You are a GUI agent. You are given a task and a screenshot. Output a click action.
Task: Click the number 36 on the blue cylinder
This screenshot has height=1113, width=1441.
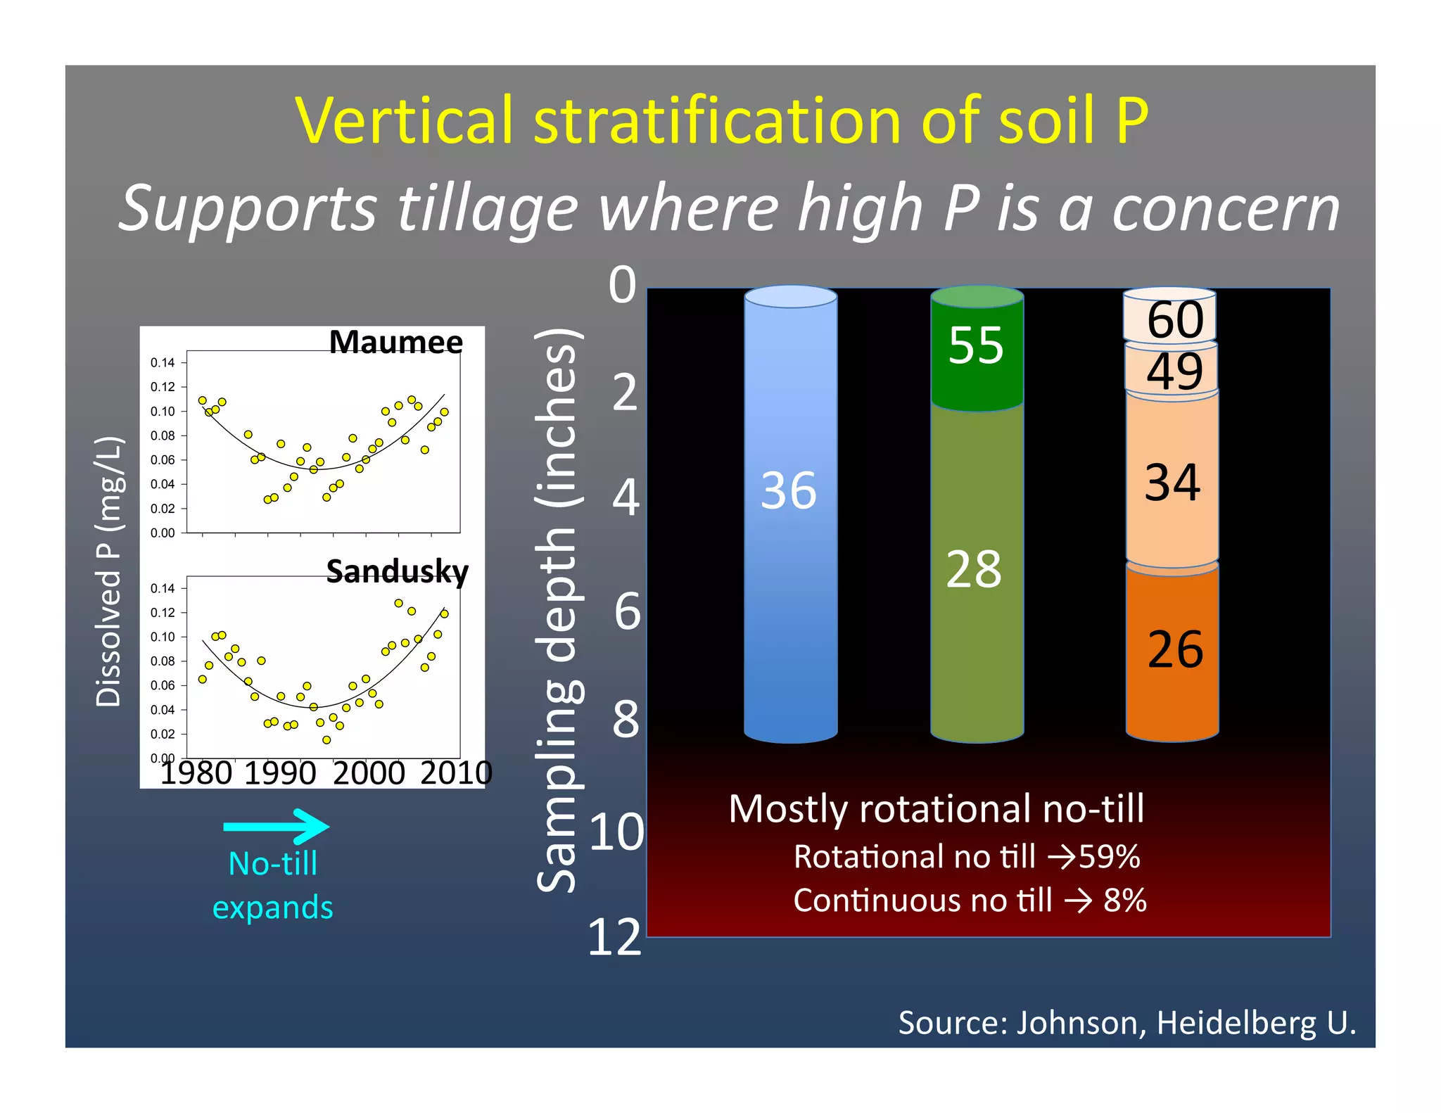click(x=789, y=490)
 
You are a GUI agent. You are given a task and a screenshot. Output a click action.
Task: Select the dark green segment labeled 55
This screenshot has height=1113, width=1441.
click(x=976, y=345)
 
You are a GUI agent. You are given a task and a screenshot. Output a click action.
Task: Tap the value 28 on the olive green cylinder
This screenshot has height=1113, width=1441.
click(x=974, y=569)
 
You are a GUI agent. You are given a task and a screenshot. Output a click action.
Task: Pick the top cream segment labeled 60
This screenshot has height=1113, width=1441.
click(x=1175, y=319)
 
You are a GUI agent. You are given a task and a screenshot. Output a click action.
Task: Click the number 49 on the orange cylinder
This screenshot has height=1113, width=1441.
click(x=1174, y=371)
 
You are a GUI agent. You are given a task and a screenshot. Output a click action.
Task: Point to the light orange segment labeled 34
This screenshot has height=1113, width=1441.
click(x=1172, y=483)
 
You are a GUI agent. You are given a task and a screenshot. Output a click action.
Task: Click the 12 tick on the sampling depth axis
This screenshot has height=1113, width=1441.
click(x=614, y=937)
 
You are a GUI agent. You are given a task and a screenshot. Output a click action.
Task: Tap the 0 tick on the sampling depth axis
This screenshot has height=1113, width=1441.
click(x=622, y=285)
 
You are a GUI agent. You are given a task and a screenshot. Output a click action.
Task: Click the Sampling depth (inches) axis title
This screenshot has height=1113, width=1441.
click(x=558, y=611)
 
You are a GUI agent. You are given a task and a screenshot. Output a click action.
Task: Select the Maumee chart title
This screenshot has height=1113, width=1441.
click(x=395, y=342)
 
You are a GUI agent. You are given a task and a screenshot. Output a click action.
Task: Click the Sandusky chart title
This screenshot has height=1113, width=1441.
click(x=397, y=571)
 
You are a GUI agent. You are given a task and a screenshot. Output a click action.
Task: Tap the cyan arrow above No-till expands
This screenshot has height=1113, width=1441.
click(x=277, y=826)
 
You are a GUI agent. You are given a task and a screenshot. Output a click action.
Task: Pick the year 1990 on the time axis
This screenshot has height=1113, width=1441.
click(x=280, y=773)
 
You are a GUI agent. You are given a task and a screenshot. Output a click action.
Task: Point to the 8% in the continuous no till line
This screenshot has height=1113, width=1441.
click(x=1124, y=901)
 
